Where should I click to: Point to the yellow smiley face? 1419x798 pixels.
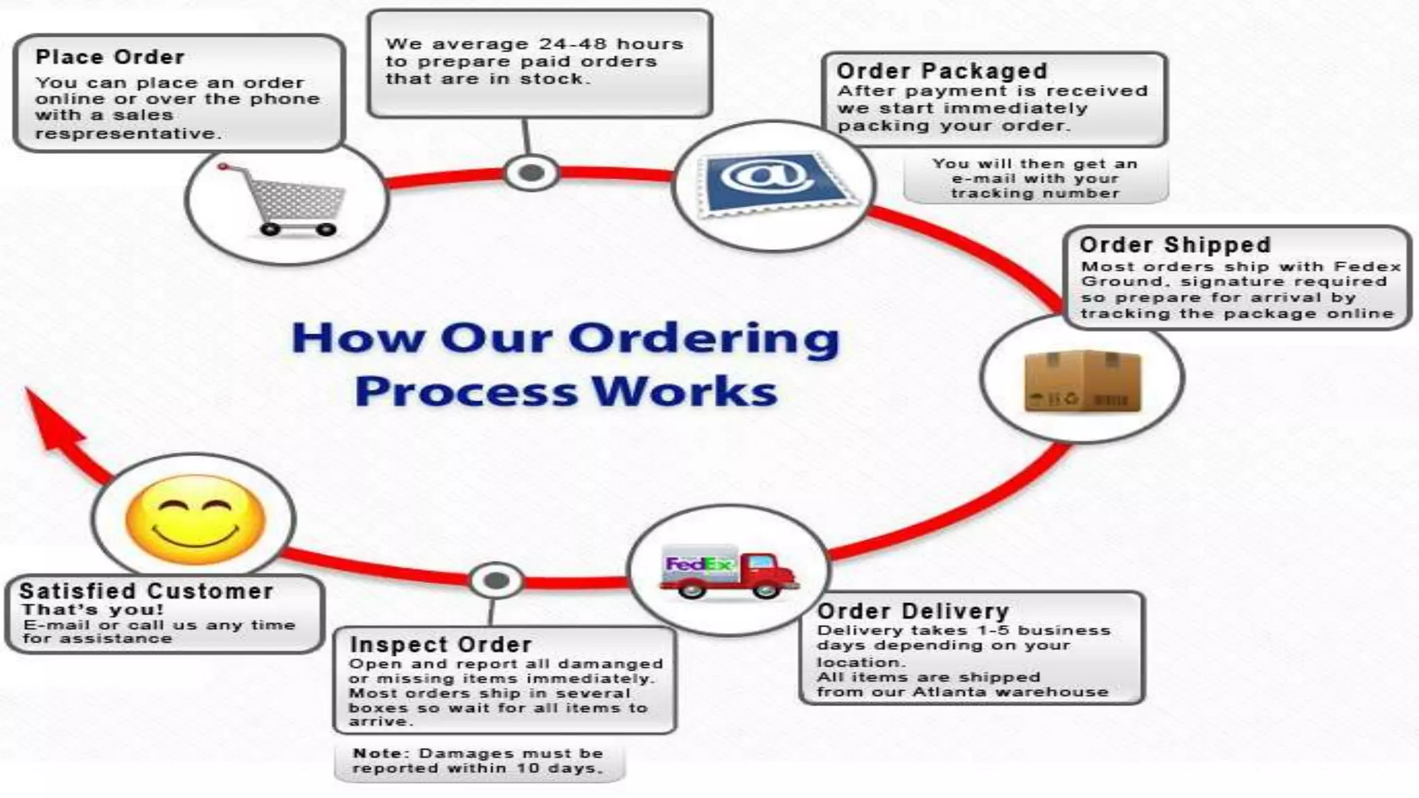tap(195, 520)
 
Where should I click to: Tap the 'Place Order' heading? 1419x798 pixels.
tap(110, 57)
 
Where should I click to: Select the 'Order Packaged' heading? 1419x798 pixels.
tap(942, 71)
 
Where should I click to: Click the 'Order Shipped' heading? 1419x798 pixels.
tap(1175, 245)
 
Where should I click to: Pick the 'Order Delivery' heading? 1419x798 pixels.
tap(913, 611)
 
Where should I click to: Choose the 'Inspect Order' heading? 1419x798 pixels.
tap(441, 644)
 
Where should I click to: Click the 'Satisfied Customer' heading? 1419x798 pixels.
tap(146, 591)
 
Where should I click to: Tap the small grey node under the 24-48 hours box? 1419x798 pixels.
tap(531, 173)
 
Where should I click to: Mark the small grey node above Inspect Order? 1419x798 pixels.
tap(496, 580)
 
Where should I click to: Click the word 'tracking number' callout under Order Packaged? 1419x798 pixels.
tap(1035, 193)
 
